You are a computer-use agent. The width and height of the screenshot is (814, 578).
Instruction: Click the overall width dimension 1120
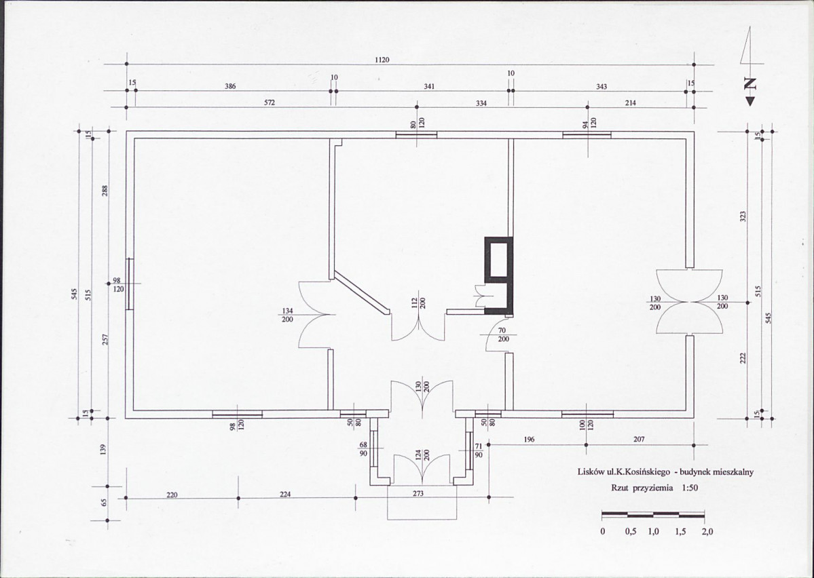[x=382, y=60]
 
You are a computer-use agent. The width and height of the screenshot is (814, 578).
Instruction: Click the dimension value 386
[x=230, y=86]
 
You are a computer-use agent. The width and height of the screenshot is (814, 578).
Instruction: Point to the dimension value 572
[x=269, y=102]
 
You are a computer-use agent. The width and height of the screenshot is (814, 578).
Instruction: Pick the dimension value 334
[x=481, y=103]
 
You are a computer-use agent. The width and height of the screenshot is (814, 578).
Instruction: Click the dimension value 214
[x=630, y=102]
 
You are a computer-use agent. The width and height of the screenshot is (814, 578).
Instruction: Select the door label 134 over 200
[x=287, y=315]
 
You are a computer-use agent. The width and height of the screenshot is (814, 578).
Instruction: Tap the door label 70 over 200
[x=503, y=334]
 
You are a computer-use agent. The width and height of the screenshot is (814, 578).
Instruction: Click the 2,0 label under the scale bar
[x=707, y=532]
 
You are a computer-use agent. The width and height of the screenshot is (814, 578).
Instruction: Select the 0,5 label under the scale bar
[x=631, y=532]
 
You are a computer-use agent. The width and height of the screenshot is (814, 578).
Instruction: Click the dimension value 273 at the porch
[x=418, y=493]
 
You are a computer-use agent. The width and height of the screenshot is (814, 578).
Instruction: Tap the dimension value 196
[x=528, y=440]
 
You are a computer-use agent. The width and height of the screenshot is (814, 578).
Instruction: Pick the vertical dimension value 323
[x=743, y=216]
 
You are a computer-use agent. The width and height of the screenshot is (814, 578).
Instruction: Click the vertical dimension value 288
[x=105, y=191]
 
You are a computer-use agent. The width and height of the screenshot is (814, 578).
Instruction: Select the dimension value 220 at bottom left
[x=172, y=495]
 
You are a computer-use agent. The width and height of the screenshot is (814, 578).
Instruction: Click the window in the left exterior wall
[x=130, y=284]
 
